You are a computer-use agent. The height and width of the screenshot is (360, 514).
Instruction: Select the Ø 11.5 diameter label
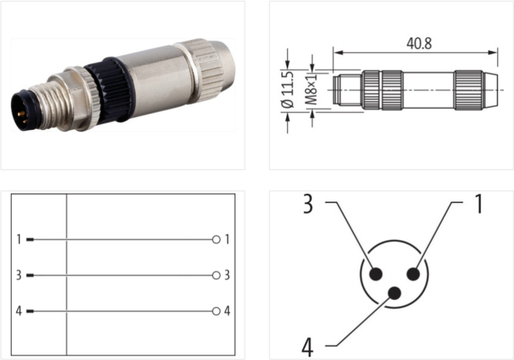coord(288,89)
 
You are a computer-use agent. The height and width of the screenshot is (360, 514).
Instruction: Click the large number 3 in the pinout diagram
coord(308,205)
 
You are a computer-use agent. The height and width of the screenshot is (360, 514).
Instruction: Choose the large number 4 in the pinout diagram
coord(307,347)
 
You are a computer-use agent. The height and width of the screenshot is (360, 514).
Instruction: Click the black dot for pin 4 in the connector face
coord(395,294)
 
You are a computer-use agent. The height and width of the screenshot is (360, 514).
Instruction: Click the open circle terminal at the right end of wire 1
coord(216,240)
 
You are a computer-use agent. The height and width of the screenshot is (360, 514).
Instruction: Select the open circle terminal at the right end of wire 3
coord(216,276)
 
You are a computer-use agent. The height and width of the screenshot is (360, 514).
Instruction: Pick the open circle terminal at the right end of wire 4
coord(216,312)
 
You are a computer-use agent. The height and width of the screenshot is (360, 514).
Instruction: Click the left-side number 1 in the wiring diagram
coord(19,240)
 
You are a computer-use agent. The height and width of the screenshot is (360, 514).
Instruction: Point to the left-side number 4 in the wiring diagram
coord(19,312)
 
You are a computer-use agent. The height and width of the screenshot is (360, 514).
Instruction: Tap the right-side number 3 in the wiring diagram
coord(227,276)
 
